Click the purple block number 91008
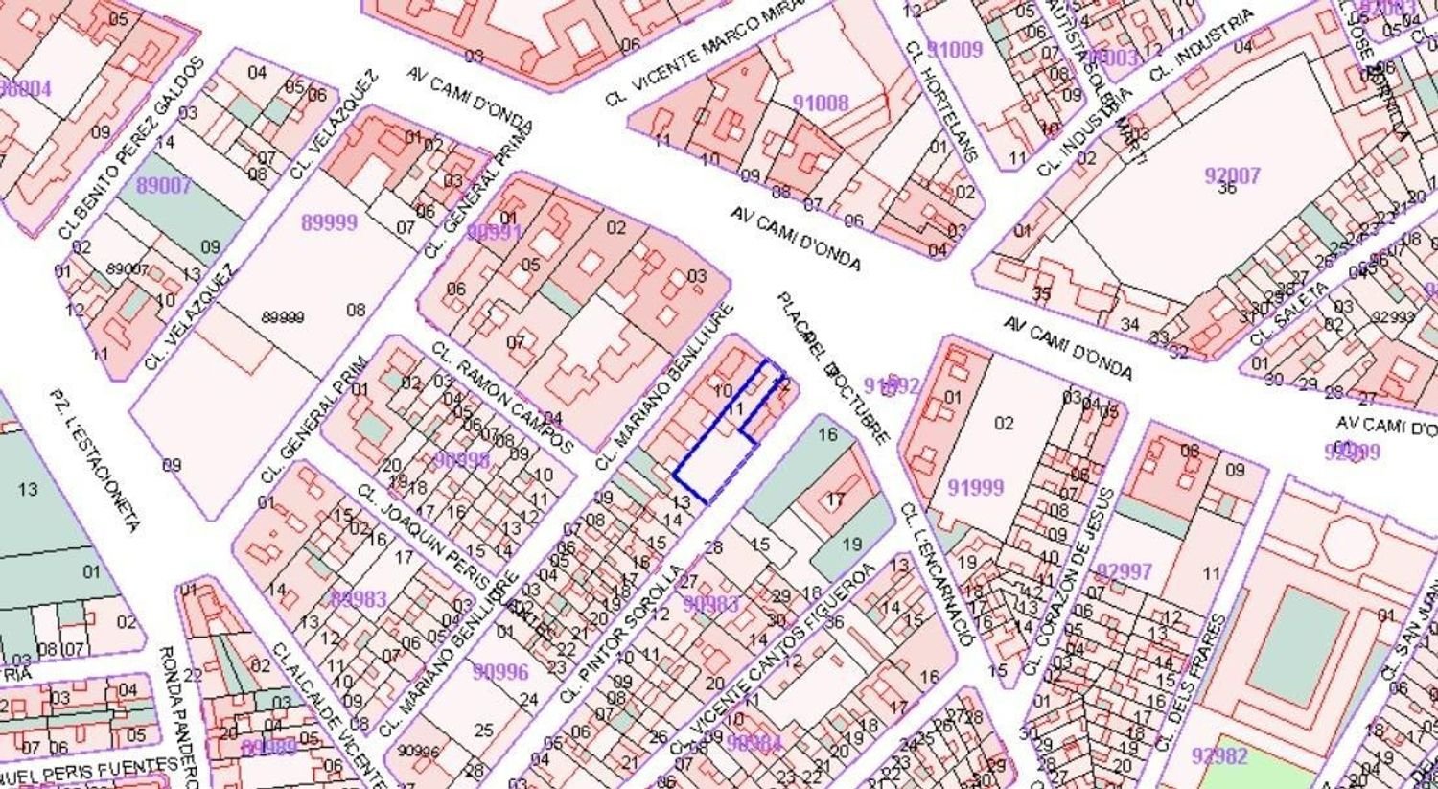(x=821, y=103)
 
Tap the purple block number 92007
(x=1232, y=175)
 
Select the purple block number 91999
(x=976, y=488)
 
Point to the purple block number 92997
(x=1125, y=571)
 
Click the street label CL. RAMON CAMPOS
(x=501, y=397)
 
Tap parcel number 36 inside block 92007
(x=1227, y=189)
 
